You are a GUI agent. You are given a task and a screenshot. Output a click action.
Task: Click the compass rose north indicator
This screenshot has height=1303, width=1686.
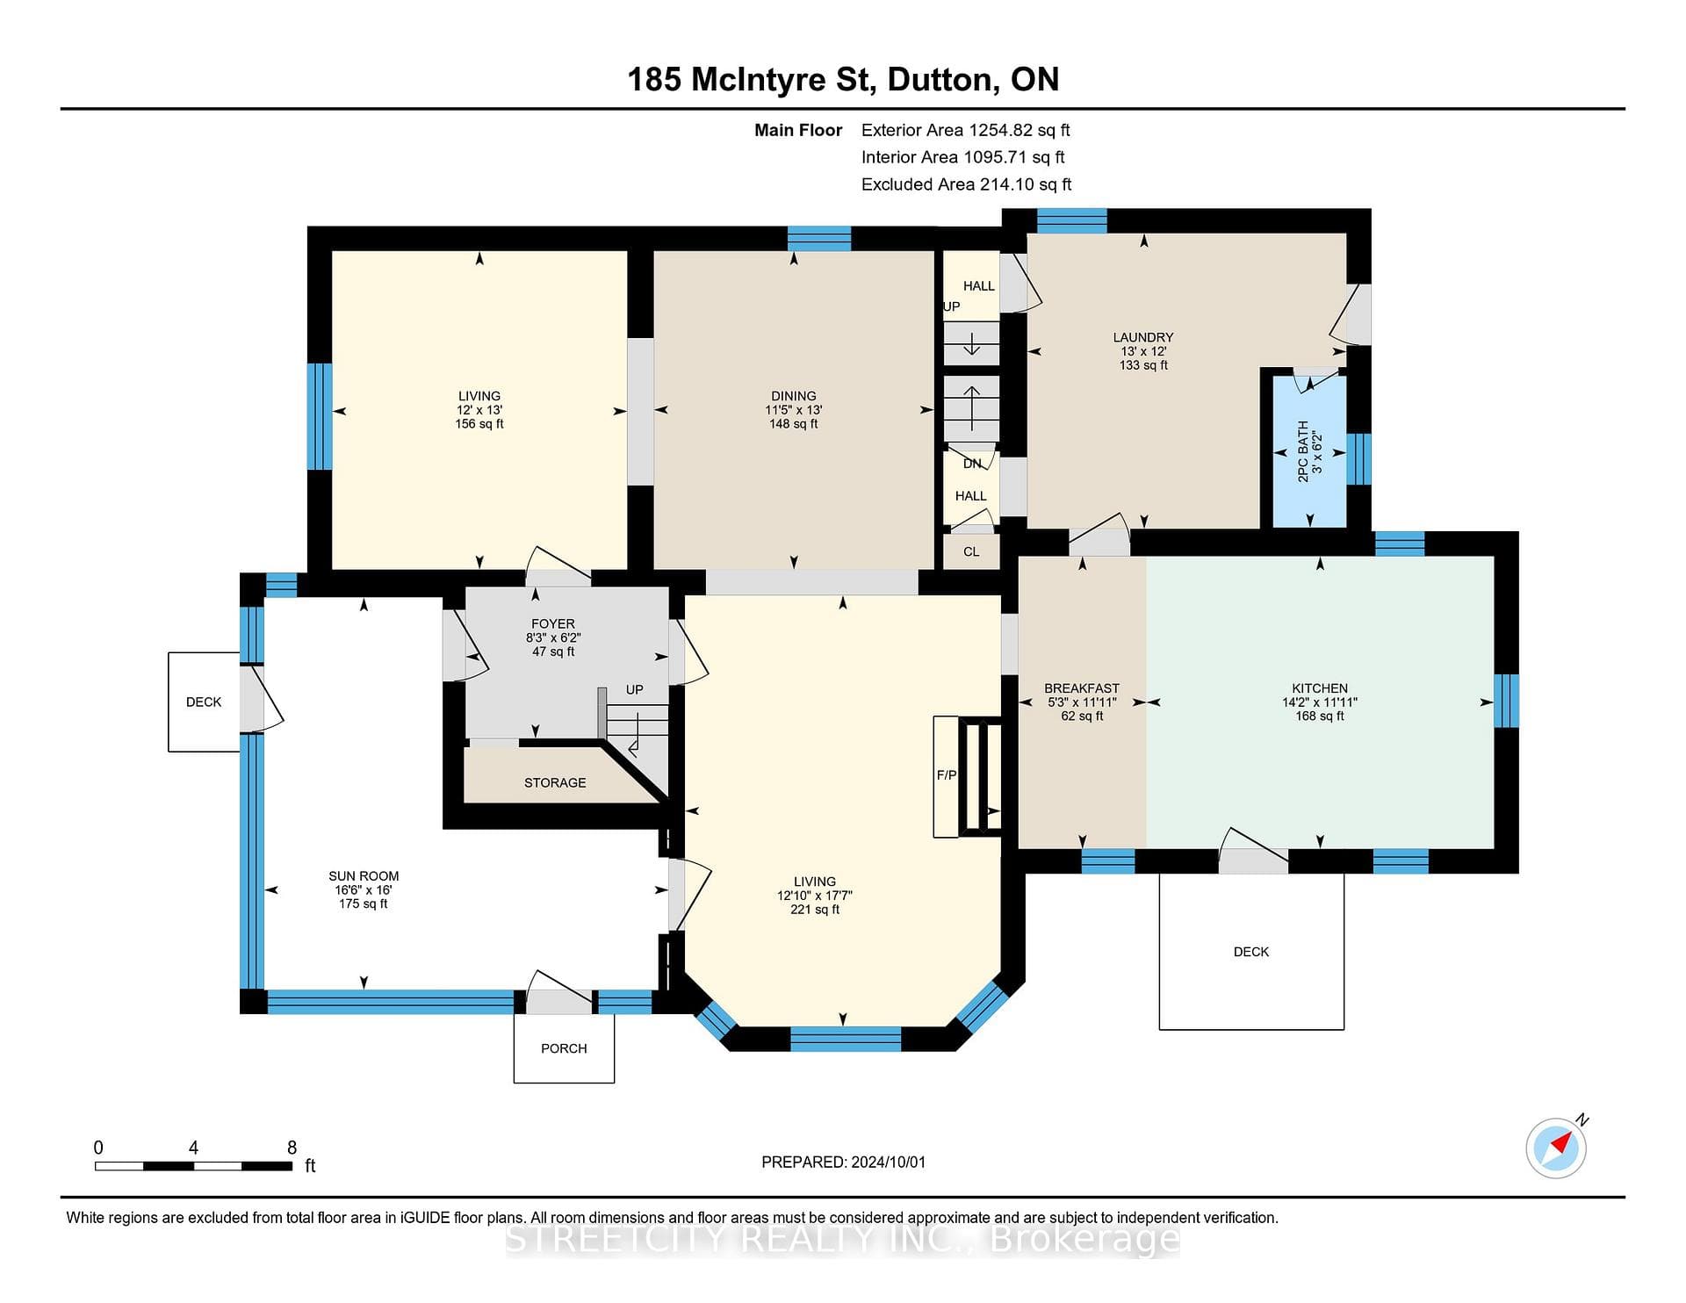pos(1557,1147)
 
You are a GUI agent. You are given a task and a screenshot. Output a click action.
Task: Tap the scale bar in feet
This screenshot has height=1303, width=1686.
pos(193,1166)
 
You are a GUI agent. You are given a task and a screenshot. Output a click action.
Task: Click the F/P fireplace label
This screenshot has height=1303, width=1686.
pos(947,775)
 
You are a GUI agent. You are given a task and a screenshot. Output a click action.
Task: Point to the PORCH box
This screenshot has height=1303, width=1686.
pos(564,1047)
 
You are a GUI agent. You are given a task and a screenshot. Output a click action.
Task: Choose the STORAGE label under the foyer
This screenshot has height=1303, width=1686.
pos(555,782)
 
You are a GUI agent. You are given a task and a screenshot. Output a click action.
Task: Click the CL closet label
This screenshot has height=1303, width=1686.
pos(971,551)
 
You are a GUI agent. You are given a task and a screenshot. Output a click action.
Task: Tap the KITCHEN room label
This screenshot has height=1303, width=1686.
pos(1320,688)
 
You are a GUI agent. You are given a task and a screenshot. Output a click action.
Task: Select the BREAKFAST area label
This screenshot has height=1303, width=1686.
pos(1082,688)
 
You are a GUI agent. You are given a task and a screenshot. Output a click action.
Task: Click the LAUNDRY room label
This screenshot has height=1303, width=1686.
pos(1143,337)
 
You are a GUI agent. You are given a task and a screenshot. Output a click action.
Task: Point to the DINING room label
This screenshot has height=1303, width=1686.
pos(794,396)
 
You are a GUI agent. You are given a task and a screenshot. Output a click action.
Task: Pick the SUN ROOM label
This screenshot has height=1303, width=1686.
pos(364,875)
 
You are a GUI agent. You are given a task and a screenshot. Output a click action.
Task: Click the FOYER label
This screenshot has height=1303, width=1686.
pos(553,623)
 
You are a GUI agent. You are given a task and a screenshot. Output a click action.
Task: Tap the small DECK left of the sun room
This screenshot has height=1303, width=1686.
pos(204,702)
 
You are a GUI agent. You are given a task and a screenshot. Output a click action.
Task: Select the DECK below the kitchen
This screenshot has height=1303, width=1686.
pos(1251,951)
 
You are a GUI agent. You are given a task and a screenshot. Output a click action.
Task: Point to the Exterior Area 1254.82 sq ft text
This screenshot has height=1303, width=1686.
pos(966,130)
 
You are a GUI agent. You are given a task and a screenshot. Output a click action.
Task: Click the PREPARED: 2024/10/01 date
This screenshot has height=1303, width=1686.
pos(843,1162)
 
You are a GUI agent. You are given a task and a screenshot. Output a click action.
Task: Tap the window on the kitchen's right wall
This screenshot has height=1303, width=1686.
pos(1506,701)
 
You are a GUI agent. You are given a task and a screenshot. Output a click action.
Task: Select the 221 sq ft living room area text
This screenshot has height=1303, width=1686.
pos(815,910)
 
